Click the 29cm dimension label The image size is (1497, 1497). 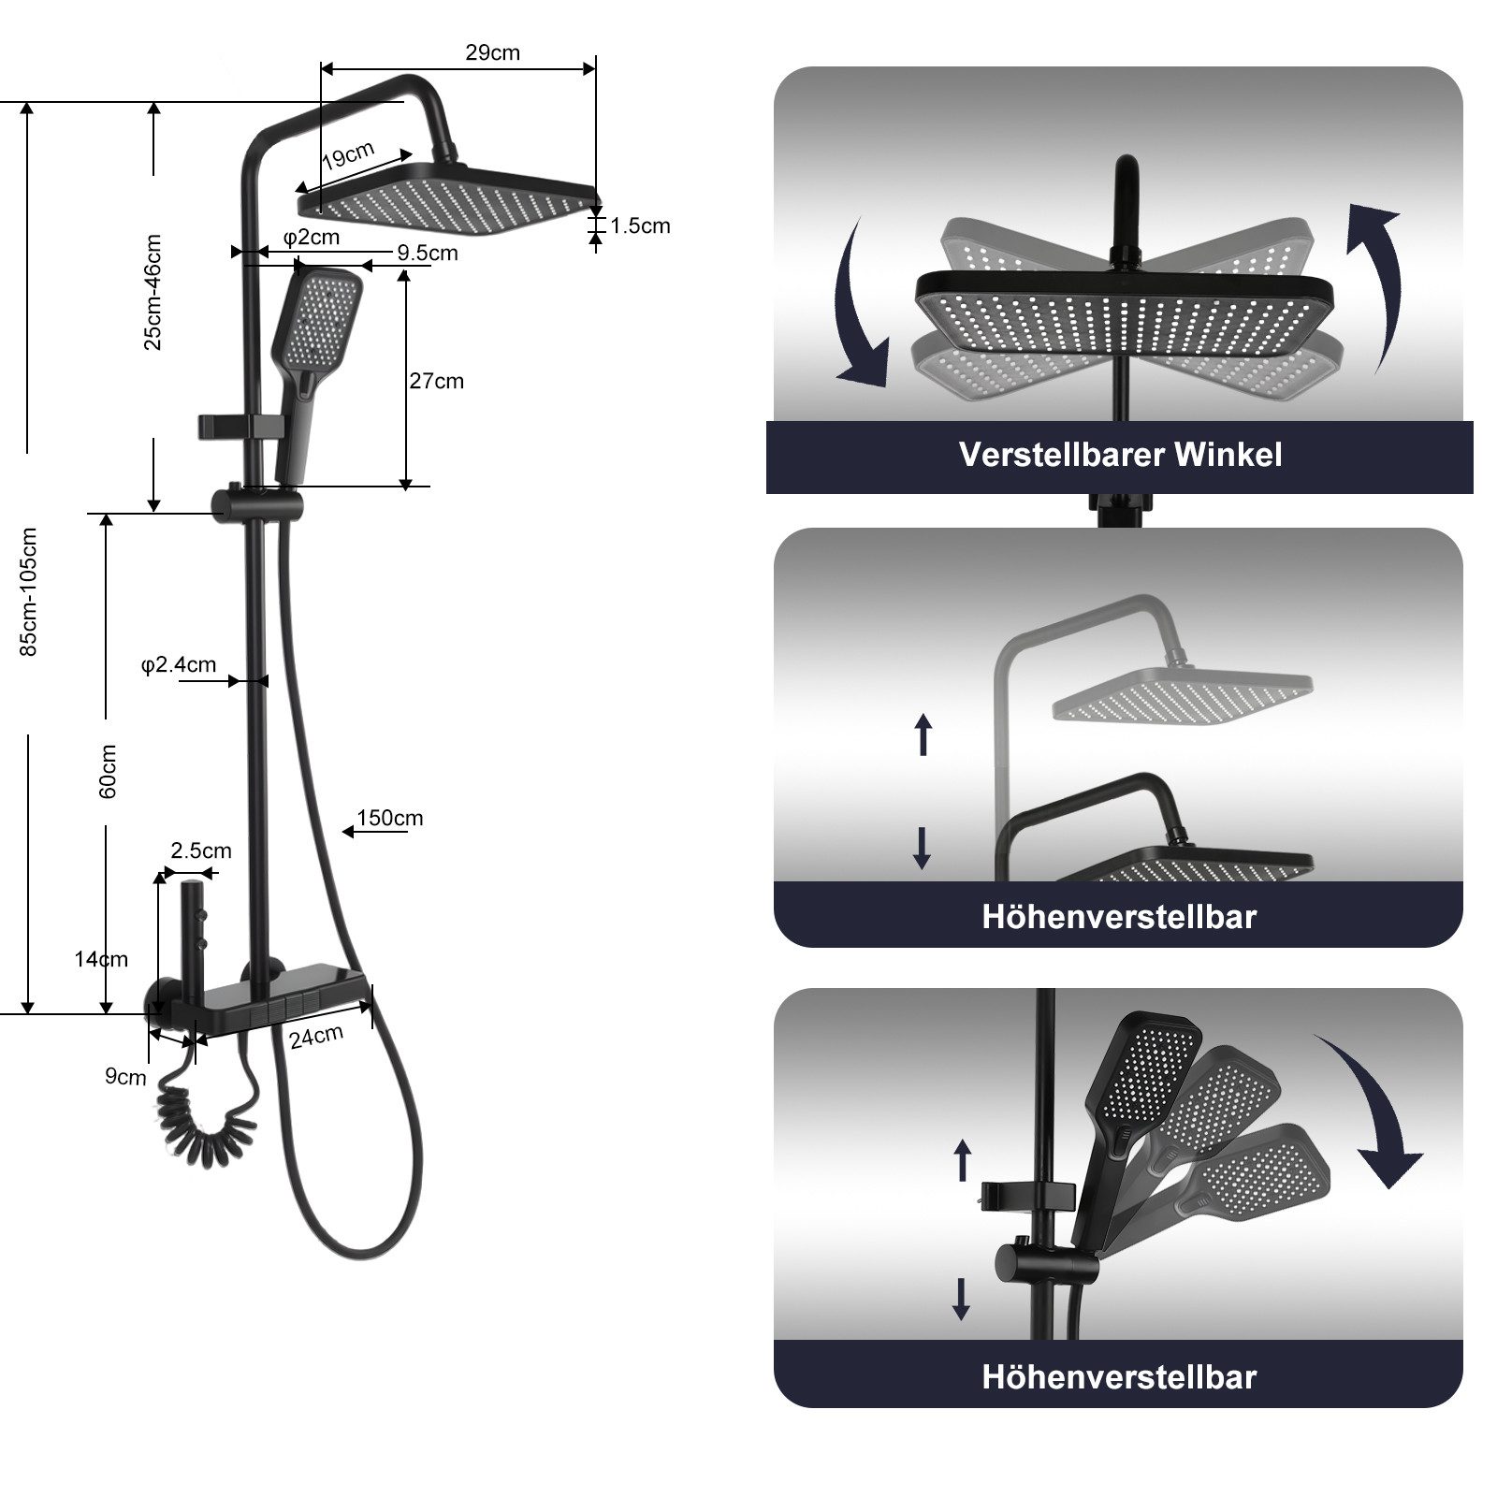coord(492,52)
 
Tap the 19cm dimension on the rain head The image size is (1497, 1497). coord(348,155)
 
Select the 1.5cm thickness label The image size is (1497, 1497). coord(640,225)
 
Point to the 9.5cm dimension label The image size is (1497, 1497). coord(427,253)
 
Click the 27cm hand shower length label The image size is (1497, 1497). coord(436,381)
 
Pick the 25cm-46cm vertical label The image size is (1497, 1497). coord(153,292)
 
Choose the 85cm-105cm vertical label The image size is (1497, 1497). coord(29,591)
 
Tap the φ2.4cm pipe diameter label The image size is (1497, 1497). coord(178,664)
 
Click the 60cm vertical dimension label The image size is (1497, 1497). coord(109,771)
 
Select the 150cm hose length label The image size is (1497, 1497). coord(390,818)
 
